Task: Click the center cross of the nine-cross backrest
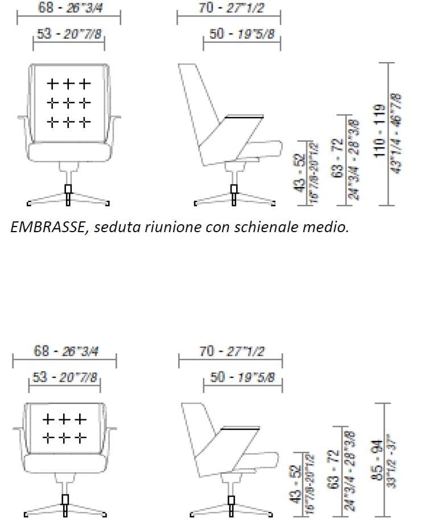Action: click(x=68, y=103)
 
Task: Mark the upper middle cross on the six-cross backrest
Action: click(x=65, y=420)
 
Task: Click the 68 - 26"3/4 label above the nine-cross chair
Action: click(x=68, y=8)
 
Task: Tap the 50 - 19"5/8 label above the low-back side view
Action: click(x=242, y=377)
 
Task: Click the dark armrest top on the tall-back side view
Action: click(x=245, y=118)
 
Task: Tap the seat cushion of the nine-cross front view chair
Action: click(x=68, y=151)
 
